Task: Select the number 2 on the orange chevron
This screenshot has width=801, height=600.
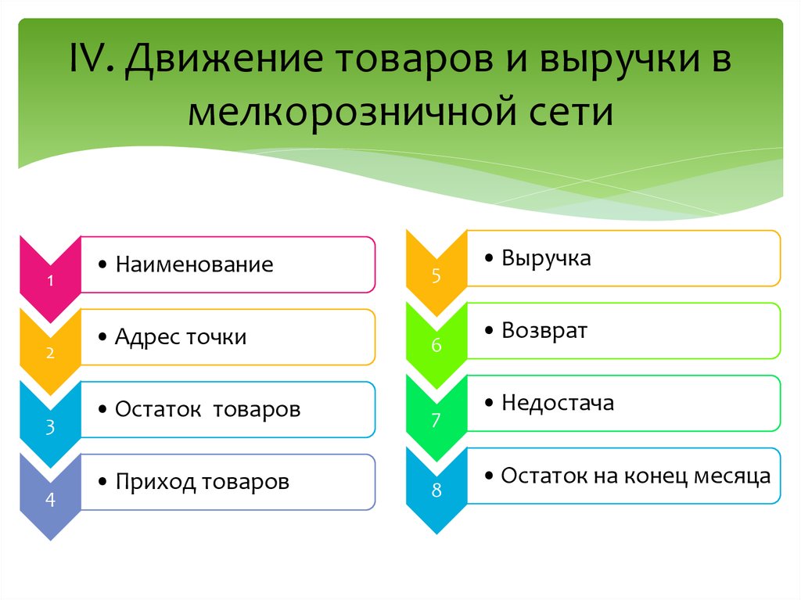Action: [50, 353]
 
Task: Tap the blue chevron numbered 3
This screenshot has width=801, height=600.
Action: [50, 427]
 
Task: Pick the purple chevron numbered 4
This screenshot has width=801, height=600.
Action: [50, 499]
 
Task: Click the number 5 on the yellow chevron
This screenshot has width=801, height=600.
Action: [436, 275]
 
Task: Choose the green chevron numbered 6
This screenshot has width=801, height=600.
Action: [436, 346]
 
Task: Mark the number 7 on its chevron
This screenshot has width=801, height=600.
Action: [436, 420]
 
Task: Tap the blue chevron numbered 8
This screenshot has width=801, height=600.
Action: [436, 491]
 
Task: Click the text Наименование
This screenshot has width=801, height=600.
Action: [194, 264]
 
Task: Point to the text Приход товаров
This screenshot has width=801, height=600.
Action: [202, 481]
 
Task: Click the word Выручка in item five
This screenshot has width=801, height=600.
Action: [546, 258]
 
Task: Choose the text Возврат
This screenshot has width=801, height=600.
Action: [544, 330]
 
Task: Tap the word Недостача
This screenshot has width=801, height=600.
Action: [557, 403]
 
